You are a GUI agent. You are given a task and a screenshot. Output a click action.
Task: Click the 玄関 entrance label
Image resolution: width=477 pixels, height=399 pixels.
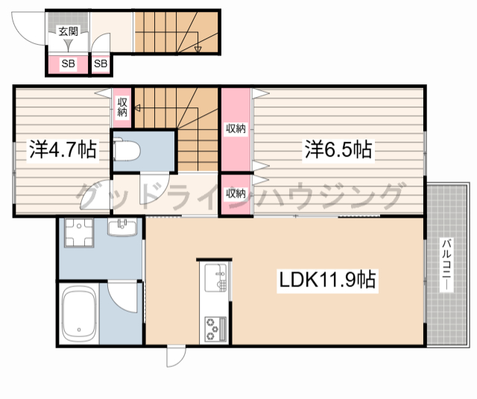click(x=69, y=31)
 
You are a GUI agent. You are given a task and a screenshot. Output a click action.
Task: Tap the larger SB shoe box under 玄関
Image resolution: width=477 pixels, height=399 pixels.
click(x=68, y=63)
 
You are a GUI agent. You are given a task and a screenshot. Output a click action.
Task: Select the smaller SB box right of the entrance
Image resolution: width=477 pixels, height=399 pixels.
click(x=101, y=63)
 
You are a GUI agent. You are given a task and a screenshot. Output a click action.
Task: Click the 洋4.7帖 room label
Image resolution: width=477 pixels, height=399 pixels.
click(x=63, y=150)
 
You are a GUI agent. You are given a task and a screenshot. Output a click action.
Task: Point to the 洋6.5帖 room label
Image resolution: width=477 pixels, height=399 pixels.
click(x=338, y=150)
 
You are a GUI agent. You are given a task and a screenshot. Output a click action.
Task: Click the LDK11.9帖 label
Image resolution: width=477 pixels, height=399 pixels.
click(x=327, y=280)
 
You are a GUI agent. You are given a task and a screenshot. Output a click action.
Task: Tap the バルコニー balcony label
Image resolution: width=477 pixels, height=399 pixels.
click(x=446, y=264)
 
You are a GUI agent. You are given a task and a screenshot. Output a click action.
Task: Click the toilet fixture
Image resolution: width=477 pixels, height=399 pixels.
click(x=127, y=150)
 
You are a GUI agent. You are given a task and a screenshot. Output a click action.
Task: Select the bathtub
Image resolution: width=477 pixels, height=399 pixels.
click(x=79, y=315)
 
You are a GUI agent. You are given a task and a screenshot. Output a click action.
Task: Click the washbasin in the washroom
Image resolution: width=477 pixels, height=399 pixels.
click(x=122, y=227)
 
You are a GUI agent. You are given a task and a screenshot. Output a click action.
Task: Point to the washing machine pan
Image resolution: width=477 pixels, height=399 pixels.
click(x=79, y=233)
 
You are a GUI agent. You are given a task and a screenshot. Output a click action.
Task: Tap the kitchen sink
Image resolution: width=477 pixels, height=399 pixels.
click(x=215, y=277)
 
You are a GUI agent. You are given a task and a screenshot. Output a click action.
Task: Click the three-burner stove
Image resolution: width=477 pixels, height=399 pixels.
click(x=215, y=329)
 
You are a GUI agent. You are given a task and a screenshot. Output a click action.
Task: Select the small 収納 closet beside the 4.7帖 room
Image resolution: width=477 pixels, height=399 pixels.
click(x=122, y=107)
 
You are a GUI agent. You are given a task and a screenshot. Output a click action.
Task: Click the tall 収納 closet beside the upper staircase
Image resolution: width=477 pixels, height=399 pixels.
click(x=236, y=129)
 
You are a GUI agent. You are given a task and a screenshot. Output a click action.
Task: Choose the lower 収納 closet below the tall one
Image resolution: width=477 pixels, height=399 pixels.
click(x=236, y=193)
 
